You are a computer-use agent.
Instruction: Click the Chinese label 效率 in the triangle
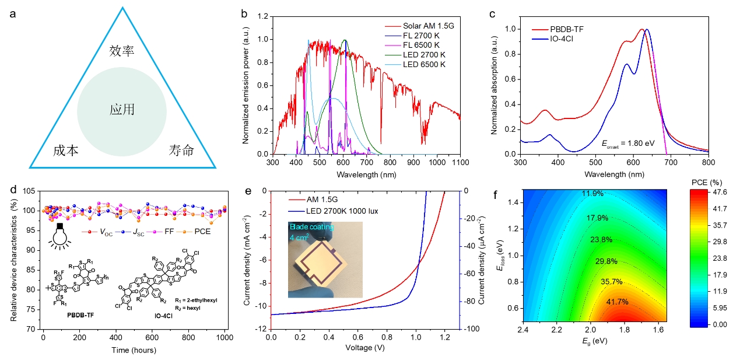pyautogui.click(x=122, y=51)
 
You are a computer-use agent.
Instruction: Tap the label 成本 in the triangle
pyautogui.click(x=65, y=151)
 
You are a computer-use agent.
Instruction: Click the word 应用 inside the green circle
pyautogui.click(x=122, y=110)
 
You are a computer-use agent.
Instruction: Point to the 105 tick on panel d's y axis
pyautogui.click(x=29, y=191)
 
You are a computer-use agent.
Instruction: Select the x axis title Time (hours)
pyautogui.click(x=134, y=351)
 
